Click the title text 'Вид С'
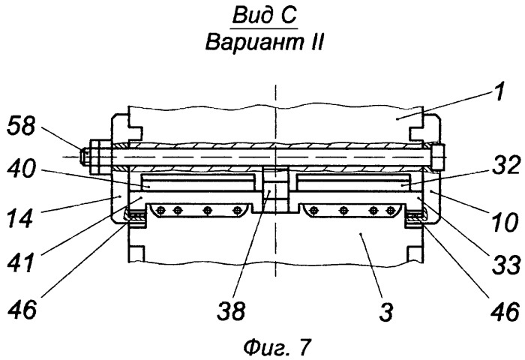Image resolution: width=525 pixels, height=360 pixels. [265, 16]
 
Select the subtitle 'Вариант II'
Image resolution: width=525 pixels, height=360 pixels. [265, 43]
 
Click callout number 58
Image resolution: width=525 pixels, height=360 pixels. [21, 126]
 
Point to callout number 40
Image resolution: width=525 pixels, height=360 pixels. [22, 169]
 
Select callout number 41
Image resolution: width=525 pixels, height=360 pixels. [21, 262]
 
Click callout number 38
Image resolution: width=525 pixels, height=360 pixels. [232, 310]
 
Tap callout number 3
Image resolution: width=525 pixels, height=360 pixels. [386, 311]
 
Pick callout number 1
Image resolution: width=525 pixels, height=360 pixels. [499, 90]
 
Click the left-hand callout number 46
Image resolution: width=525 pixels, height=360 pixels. [22, 310]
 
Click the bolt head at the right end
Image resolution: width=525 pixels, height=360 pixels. [438, 157]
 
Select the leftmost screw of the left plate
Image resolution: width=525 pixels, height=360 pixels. [161, 210]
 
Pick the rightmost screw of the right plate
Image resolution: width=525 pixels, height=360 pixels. [391, 211]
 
